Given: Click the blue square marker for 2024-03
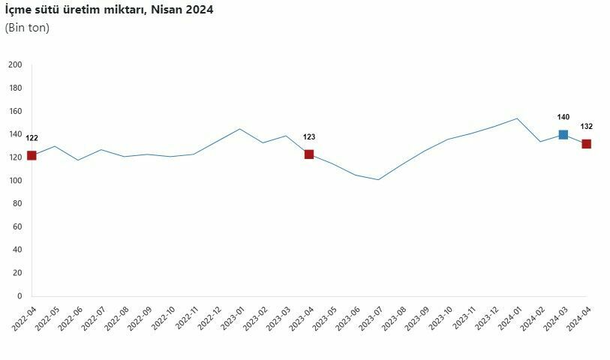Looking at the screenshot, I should click(x=563, y=135).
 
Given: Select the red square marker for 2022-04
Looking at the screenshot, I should click(x=32, y=155).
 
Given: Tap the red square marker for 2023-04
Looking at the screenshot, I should click(x=309, y=154).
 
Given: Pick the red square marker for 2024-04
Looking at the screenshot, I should click(x=586, y=144).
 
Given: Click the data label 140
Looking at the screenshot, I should click(x=563, y=117).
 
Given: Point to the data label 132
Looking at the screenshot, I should click(x=587, y=127).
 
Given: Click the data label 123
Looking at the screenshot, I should click(x=309, y=136).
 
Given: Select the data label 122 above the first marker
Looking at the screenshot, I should click(x=32, y=138).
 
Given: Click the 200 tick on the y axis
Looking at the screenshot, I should click(x=15, y=65).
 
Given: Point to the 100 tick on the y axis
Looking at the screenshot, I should click(x=15, y=181).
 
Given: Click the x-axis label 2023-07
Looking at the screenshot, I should click(x=368, y=319).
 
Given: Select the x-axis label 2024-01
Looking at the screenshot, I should click(x=506, y=319).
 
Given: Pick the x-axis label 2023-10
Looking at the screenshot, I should click(x=437, y=319).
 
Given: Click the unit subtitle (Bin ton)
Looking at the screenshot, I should click(x=27, y=28).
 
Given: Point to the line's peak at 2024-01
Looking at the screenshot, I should click(x=517, y=118).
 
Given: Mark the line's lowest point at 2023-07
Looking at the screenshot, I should click(x=378, y=180).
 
